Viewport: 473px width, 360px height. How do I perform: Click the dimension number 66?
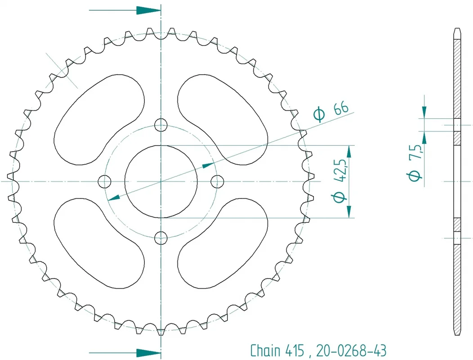[341, 108]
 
